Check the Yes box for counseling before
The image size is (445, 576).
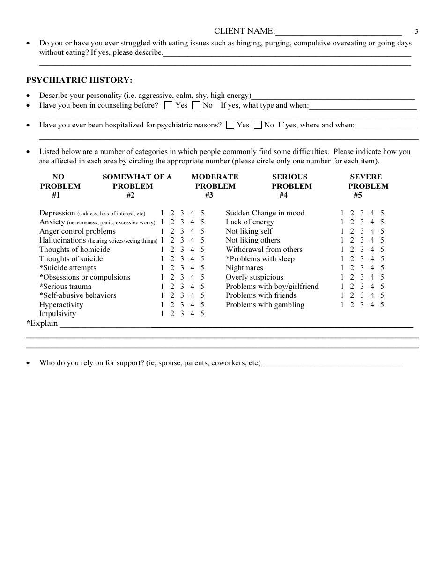pos(168,105)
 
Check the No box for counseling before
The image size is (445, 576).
pos(196,105)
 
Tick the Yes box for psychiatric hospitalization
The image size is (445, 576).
pos(230,125)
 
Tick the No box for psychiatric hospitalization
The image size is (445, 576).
pos(258,125)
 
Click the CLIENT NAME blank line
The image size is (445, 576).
pos(339,32)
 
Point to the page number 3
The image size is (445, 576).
pos(416,32)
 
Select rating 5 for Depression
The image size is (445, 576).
pos(202,213)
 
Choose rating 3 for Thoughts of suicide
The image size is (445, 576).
pos(182,259)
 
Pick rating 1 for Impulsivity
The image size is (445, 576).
pos(162,314)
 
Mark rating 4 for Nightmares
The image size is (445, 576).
pos(372,268)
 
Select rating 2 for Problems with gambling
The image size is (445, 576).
pos(352,305)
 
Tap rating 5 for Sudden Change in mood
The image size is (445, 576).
pos(382,213)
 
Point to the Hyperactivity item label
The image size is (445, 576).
pos(61,305)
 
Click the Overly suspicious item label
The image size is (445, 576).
pos(254,277)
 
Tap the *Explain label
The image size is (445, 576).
pos(42,323)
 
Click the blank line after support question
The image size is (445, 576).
pos(333,363)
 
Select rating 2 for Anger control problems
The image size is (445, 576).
pos(172,231)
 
